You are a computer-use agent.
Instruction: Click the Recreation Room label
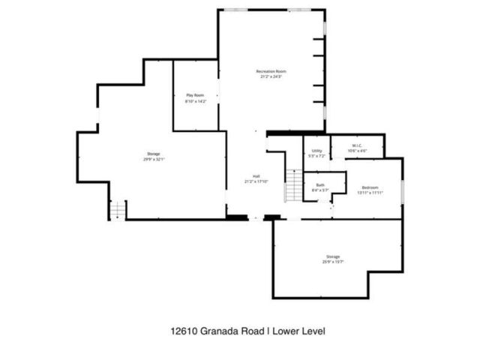pos(271,71)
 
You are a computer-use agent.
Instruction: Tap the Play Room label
pos(195,95)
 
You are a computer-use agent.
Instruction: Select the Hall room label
pos(256,176)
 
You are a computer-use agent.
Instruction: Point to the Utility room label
pos(317,151)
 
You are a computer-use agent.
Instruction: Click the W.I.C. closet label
pos(358,145)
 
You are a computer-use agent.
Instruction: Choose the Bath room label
pos(320,184)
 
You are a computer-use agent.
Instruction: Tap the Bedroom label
pos(370,187)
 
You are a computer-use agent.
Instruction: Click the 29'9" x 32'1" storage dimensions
pos(153,159)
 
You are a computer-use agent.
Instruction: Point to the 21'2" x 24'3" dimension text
pos(271,76)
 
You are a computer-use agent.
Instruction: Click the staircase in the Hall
pos(293,187)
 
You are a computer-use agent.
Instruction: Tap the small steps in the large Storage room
pos(117,211)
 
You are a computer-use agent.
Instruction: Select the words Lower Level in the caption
pos(299,331)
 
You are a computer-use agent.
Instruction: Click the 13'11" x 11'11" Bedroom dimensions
pos(370,193)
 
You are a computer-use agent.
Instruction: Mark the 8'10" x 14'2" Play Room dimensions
pos(195,100)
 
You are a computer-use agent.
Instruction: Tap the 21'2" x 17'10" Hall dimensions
pos(256,181)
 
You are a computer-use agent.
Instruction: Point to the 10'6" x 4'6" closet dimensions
pos(358,151)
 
